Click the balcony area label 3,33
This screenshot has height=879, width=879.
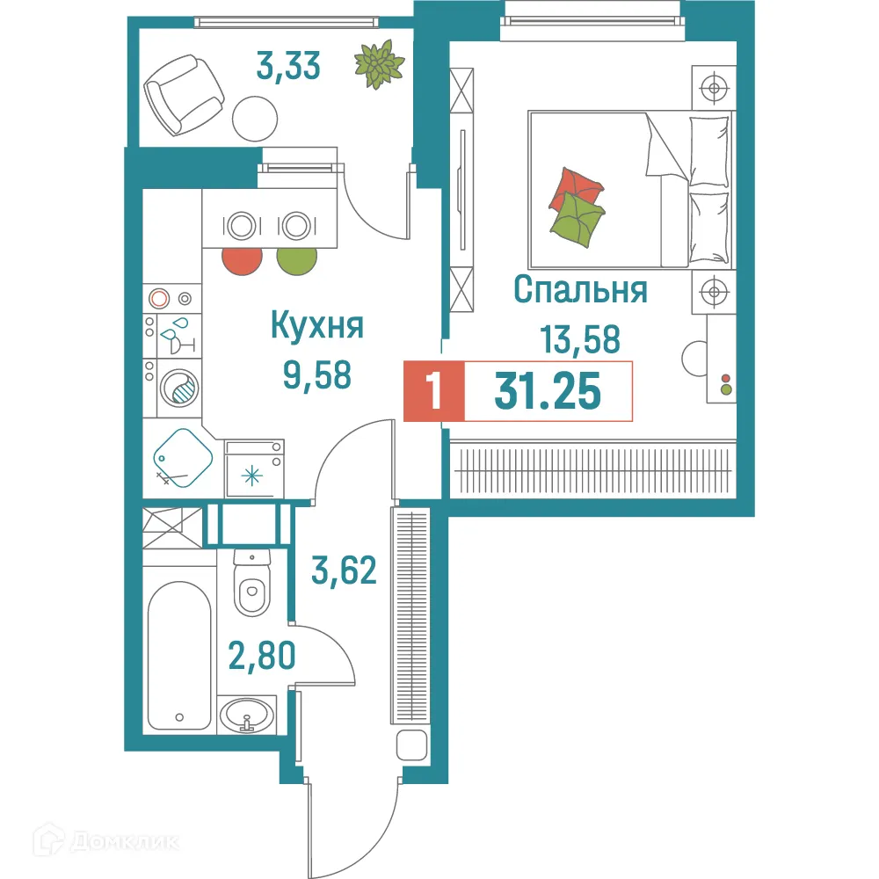click(287, 66)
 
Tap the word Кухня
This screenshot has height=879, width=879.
click(316, 327)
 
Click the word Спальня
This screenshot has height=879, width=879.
click(580, 289)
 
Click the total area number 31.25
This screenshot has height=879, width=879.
click(548, 391)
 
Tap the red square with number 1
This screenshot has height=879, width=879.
click(432, 391)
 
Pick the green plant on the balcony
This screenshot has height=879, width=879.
click(379, 64)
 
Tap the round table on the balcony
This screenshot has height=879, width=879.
click(256, 118)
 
